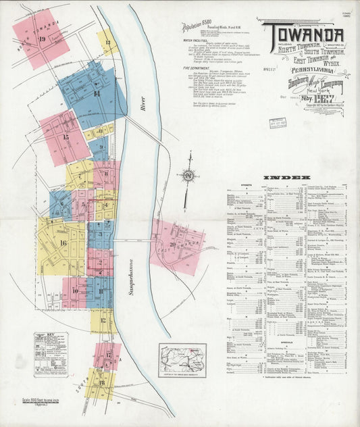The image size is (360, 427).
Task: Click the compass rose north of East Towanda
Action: [x=189, y=177]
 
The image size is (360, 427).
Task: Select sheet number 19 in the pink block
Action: [x=42, y=39]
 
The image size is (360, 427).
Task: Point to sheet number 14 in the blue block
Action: [x=97, y=93]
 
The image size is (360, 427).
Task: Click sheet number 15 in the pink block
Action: [x=66, y=137]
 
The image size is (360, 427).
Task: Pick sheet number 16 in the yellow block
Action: [x=63, y=243]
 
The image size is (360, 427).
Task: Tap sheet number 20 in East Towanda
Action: [x=174, y=244]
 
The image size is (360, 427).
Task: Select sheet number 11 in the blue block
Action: [x=101, y=291]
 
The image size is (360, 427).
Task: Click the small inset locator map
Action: [x=182, y=359]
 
